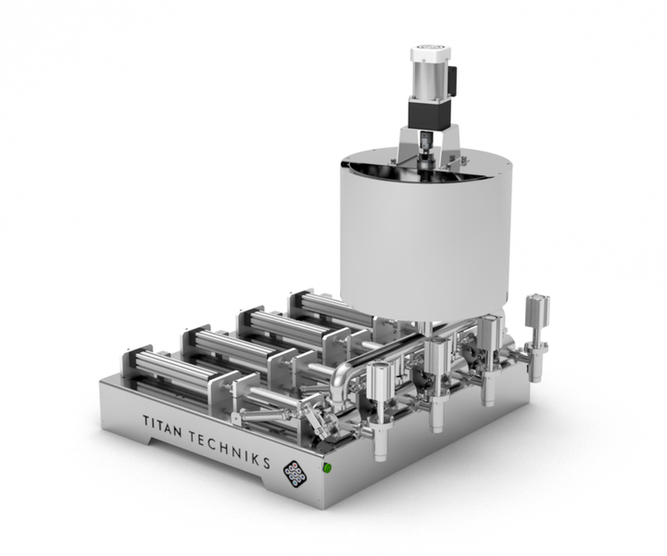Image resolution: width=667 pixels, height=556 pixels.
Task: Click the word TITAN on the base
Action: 162,426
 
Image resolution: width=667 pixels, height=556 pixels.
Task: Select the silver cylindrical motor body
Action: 429,79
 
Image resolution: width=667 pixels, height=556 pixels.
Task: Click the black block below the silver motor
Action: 428,112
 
